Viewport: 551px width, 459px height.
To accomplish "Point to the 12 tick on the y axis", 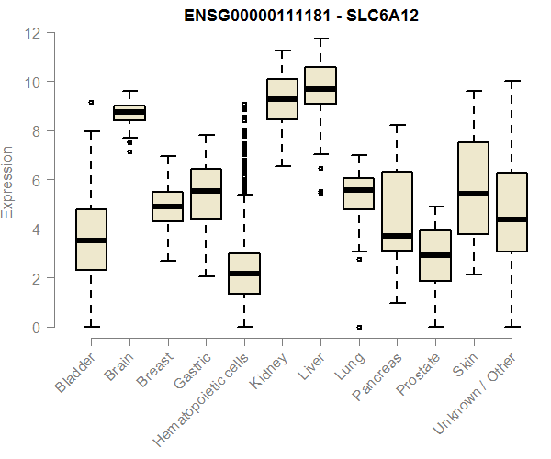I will [x=33, y=33].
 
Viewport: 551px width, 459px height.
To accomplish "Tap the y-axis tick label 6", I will [x=36, y=180].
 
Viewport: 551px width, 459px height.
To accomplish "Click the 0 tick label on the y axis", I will [x=36, y=327].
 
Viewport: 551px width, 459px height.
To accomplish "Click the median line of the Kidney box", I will [x=282, y=99].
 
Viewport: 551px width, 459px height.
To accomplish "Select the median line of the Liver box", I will [x=320, y=89].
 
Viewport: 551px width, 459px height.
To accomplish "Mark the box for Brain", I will [x=129, y=113].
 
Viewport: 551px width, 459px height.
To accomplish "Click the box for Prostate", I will [x=434, y=255].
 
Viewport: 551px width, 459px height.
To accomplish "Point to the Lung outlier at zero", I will [x=358, y=326].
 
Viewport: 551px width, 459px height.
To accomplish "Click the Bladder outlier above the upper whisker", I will [x=91, y=103].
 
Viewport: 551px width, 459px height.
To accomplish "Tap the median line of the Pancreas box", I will [x=397, y=236].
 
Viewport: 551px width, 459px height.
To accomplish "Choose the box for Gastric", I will [x=206, y=194].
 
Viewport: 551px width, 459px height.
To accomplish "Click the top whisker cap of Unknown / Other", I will [x=511, y=81].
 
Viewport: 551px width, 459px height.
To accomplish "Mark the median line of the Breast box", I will [x=167, y=207].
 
